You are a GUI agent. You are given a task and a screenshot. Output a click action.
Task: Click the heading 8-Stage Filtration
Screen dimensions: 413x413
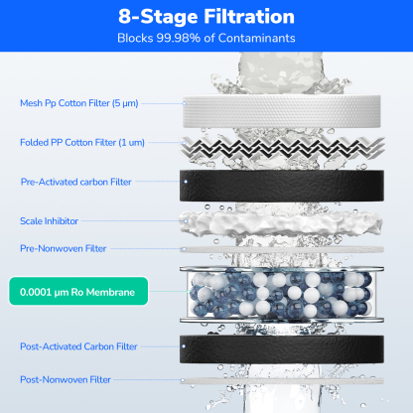(x=206, y=18)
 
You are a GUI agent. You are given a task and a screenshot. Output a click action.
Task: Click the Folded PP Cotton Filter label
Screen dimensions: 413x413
(x=80, y=143)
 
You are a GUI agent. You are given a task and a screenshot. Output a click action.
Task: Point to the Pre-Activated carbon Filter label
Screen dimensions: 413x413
(x=75, y=183)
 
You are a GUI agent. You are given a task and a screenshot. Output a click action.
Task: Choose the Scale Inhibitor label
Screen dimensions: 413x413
(x=51, y=220)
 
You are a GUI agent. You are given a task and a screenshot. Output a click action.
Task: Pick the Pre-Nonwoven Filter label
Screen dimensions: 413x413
(x=62, y=248)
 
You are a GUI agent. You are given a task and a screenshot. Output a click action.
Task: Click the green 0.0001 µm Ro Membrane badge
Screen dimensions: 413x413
(x=77, y=293)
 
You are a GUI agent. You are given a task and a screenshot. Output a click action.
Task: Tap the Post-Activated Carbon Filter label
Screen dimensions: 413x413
(x=79, y=347)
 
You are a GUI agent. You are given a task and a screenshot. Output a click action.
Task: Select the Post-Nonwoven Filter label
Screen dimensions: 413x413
(x=65, y=379)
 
